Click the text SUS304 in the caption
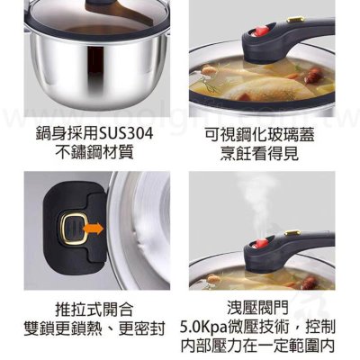[x=126, y=134]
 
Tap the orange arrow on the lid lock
[x=94, y=229]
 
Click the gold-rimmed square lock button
[x=74, y=229]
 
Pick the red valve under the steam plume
[x=256, y=242]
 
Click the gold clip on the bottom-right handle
[x=292, y=232]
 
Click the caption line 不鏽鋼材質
[x=94, y=152]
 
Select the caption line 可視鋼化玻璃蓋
[x=259, y=134]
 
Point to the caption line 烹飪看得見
[x=259, y=153]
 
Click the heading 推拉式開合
[x=94, y=310]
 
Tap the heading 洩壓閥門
[x=257, y=308]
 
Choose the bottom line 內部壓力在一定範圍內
[x=257, y=346]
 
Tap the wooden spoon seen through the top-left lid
[x=126, y=12]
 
